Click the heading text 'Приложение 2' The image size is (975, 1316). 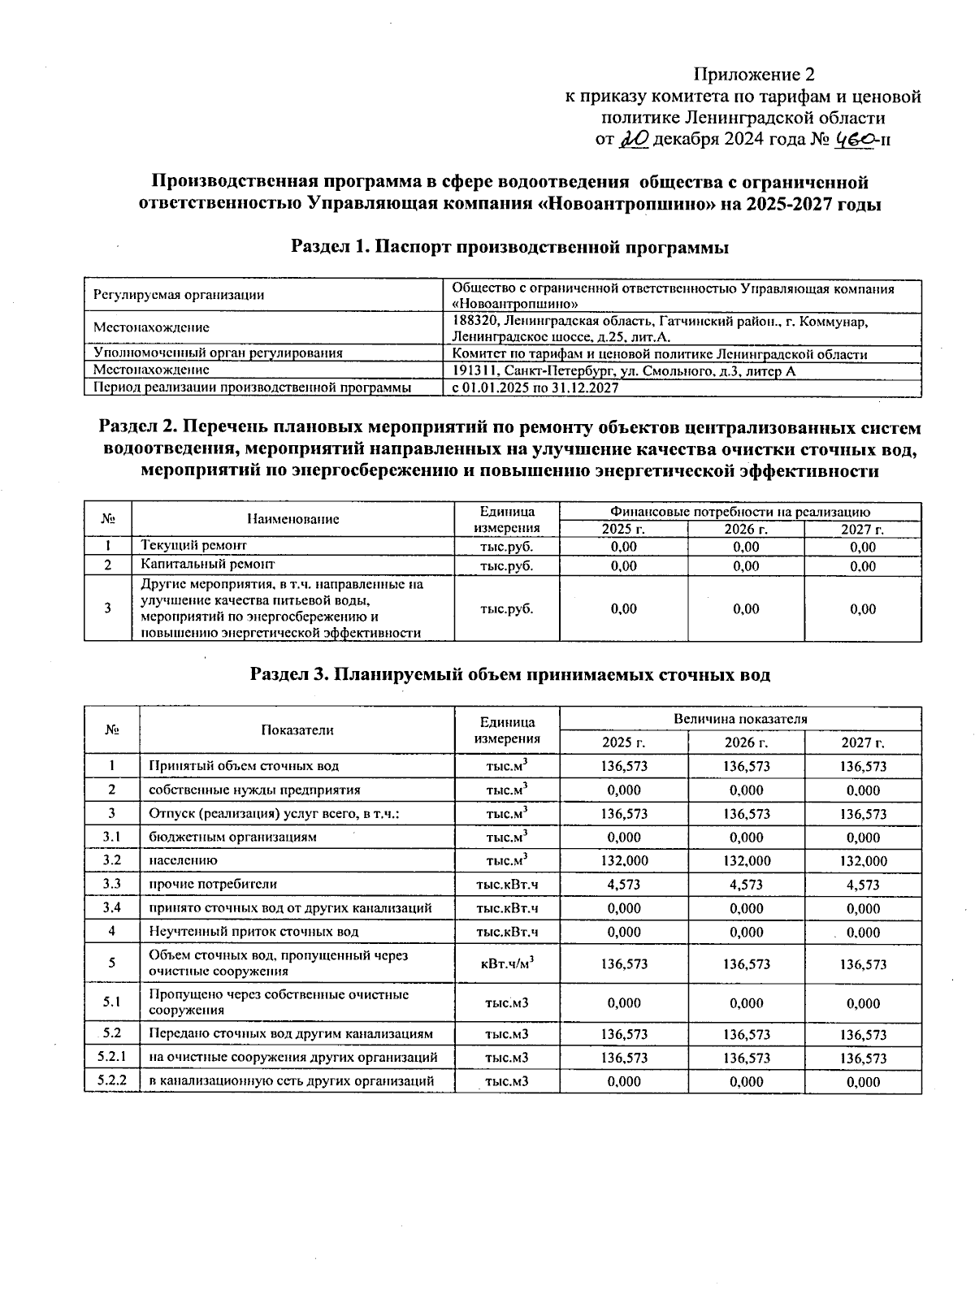(x=753, y=75)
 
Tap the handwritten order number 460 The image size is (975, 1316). (x=852, y=140)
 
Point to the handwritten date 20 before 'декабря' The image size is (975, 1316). (x=634, y=140)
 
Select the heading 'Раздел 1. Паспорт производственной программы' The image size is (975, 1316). (x=509, y=248)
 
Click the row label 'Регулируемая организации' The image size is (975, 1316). (x=179, y=295)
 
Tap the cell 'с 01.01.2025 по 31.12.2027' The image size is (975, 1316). (x=535, y=388)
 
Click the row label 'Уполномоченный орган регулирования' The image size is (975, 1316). (x=218, y=353)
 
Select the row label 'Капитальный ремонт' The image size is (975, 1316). (x=208, y=564)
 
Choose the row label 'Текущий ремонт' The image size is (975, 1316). (x=194, y=546)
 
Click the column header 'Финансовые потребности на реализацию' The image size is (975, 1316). (x=740, y=512)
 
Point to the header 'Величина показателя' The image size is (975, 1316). (x=740, y=719)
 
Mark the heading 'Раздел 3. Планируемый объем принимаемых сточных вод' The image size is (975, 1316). (x=509, y=675)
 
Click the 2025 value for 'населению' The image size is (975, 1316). (x=624, y=861)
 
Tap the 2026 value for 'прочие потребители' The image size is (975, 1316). (x=746, y=885)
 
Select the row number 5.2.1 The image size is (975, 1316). (x=111, y=1057)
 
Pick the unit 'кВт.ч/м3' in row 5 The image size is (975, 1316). (x=507, y=963)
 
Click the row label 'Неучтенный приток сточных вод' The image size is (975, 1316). (x=253, y=932)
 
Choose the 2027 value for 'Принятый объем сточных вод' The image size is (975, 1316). (x=863, y=766)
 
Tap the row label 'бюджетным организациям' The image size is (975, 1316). (x=232, y=838)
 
